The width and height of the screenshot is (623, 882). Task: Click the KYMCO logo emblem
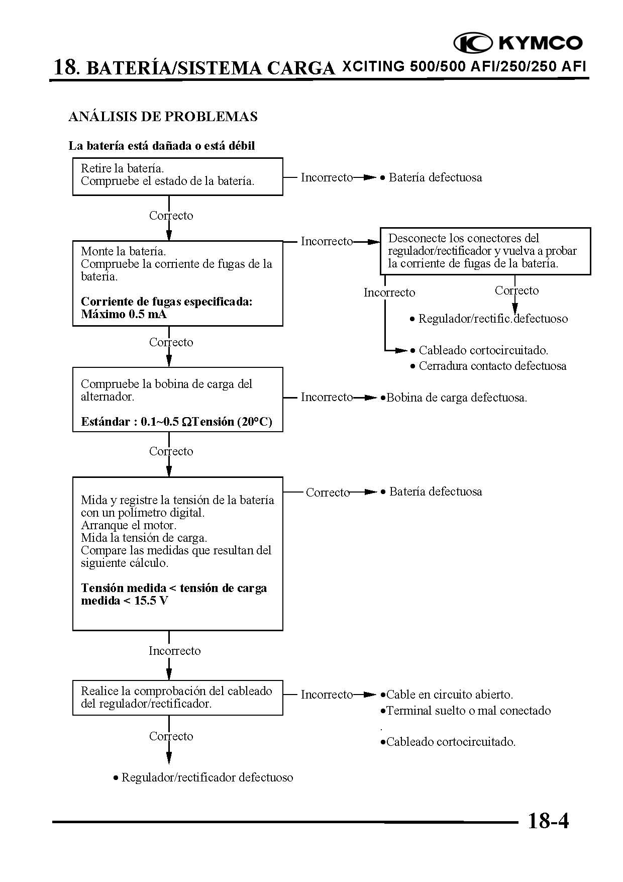pyautogui.click(x=473, y=43)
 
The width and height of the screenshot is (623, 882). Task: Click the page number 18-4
pyautogui.click(x=548, y=821)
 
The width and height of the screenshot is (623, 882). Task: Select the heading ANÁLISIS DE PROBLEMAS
pyautogui.click(x=163, y=117)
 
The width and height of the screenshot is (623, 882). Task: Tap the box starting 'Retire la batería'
pyautogui.click(x=177, y=176)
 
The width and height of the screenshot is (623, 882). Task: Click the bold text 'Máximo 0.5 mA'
pyautogui.click(x=124, y=314)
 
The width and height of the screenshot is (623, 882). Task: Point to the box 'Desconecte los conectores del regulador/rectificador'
pyautogui.click(x=485, y=251)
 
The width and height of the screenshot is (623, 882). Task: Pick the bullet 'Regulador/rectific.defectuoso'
pyautogui.click(x=492, y=319)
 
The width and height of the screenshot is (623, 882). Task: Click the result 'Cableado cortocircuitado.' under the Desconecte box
pyautogui.click(x=483, y=350)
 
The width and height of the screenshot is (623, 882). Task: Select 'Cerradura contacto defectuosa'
pyautogui.click(x=492, y=366)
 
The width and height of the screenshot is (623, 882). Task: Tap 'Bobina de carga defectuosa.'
pyautogui.click(x=456, y=398)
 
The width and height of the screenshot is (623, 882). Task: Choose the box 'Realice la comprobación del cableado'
pyautogui.click(x=177, y=697)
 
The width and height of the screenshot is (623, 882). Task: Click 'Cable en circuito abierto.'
pyautogui.click(x=449, y=695)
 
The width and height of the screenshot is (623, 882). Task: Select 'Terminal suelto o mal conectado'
pyautogui.click(x=468, y=711)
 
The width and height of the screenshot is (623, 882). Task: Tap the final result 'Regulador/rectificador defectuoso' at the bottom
pyautogui.click(x=206, y=777)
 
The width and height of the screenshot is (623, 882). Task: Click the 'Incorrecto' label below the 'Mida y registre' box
pyautogui.click(x=174, y=651)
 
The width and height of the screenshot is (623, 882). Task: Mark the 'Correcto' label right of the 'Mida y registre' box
pyautogui.click(x=328, y=493)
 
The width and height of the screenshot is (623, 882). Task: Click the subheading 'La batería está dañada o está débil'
pyautogui.click(x=162, y=146)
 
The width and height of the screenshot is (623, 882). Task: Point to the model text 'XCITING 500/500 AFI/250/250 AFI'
pyautogui.click(x=464, y=67)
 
